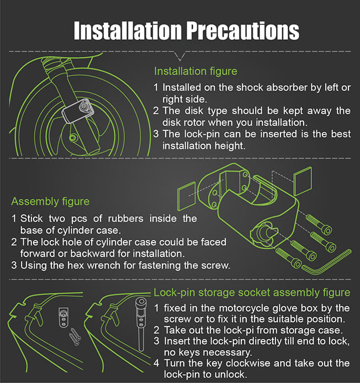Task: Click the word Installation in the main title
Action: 128,30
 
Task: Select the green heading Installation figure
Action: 195,71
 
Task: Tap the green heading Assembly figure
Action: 50,202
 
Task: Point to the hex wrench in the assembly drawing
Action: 327,263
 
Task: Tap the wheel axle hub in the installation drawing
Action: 72,138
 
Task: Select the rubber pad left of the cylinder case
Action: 187,196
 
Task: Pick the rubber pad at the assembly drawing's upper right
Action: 303,181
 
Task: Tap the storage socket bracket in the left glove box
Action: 63,317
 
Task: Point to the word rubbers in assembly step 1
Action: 125,219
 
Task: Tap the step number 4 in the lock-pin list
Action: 156,363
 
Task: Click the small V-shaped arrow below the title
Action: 180,56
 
